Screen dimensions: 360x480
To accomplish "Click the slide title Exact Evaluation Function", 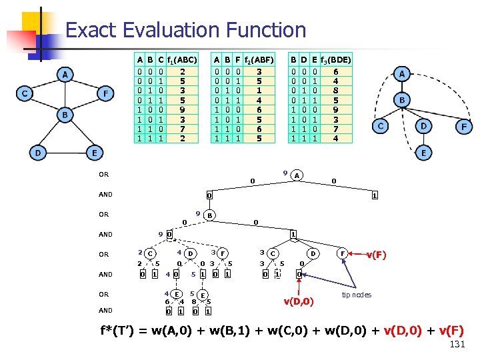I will click(x=186, y=30).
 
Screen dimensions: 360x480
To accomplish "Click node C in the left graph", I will click(x=24, y=93).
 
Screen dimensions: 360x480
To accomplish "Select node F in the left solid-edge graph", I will click(x=105, y=93).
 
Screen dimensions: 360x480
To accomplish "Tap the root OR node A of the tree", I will click(x=297, y=176).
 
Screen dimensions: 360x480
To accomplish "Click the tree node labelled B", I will click(x=209, y=215).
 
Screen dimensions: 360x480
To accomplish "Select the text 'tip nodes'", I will click(x=356, y=294).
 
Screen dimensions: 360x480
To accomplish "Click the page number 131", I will click(x=456, y=344).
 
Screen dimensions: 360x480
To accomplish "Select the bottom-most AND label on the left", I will click(x=106, y=310).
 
